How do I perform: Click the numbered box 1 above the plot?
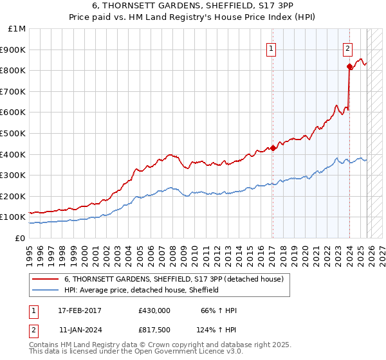pyautogui.click(x=271, y=48)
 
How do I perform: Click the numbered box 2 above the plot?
pyautogui.click(x=347, y=48)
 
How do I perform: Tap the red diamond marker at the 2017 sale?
pyautogui.click(x=273, y=148)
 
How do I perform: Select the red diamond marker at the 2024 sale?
pyautogui.click(x=349, y=66)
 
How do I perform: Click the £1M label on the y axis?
pyautogui.click(x=17, y=28)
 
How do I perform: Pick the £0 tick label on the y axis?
pyautogui.click(x=20, y=238)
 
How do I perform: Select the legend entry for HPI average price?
pyautogui.click(x=142, y=290)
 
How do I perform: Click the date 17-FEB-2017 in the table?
pyautogui.click(x=80, y=310)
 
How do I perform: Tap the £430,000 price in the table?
pyautogui.click(x=154, y=310)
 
